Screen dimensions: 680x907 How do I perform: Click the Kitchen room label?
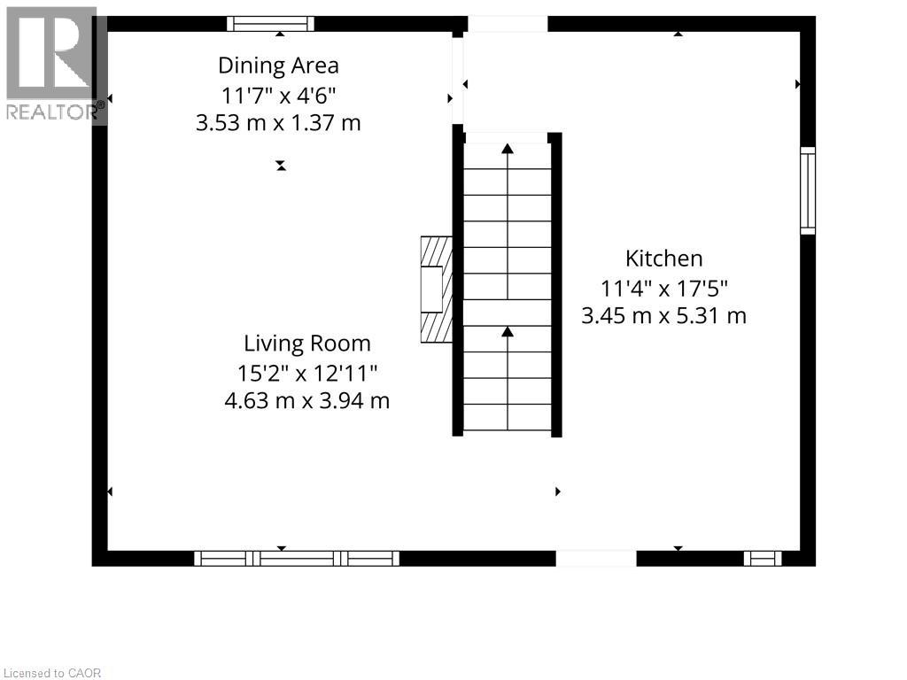click(x=663, y=259)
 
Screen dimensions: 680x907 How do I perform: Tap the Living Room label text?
click(x=307, y=344)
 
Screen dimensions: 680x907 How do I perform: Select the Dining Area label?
click(x=278, y=66)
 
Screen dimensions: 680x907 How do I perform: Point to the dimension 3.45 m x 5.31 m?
click(x=663, y=315)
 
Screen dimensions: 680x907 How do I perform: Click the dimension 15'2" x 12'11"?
click(x=307, y=372)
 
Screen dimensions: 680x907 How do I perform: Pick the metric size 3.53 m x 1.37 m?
click(x=278, y=122)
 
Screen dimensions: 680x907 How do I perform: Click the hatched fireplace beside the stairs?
click(x=435, y=289)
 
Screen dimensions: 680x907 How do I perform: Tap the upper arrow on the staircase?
click(x=508, y=150)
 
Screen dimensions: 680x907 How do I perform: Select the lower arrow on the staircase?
click(x=508, y=332)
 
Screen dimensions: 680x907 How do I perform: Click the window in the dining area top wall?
click(x=270, y=24)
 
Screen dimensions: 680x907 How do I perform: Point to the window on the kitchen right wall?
click(x=807, y=190)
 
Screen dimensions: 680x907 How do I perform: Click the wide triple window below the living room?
click(x=297, y=558)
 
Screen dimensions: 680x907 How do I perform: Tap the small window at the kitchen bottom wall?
click(x=762, y=558)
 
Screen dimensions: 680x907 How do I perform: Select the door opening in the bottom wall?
click(x=595, y=558)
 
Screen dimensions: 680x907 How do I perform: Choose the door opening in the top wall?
click(x=508, y=24)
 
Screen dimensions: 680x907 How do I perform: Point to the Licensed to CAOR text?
click(x=52, y=673)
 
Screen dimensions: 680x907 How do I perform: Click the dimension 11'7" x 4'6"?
click(x=278, y=94)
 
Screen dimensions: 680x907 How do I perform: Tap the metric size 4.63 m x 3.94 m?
click(x=307, y=400)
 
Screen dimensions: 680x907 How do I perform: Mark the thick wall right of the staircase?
click(x=556, y=284)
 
